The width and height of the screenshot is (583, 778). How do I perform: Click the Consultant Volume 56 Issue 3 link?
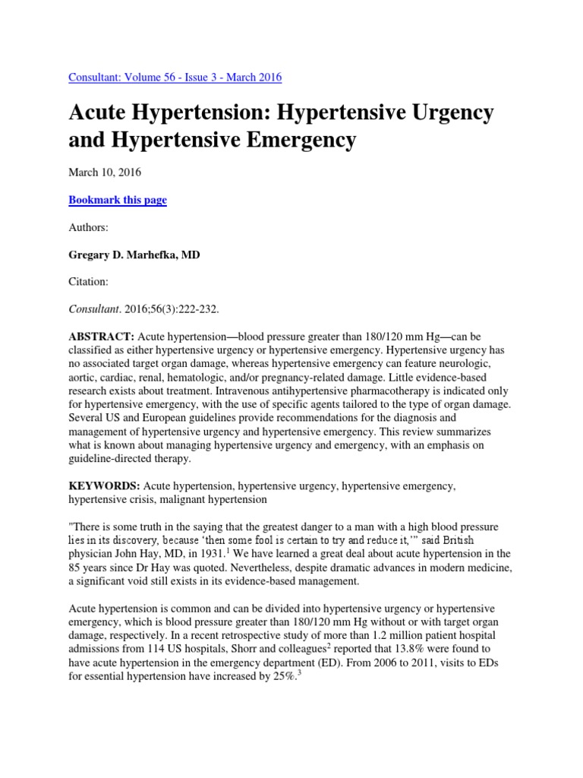click(175, 77)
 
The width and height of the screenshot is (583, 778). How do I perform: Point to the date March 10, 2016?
click(105, 172)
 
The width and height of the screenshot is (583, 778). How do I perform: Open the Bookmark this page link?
click(118, 200)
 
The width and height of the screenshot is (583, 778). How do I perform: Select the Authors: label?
click(88, 228)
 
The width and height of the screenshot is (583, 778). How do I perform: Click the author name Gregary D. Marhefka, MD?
click(134, 255)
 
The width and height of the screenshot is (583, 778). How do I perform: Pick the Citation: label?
click(89, 283)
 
